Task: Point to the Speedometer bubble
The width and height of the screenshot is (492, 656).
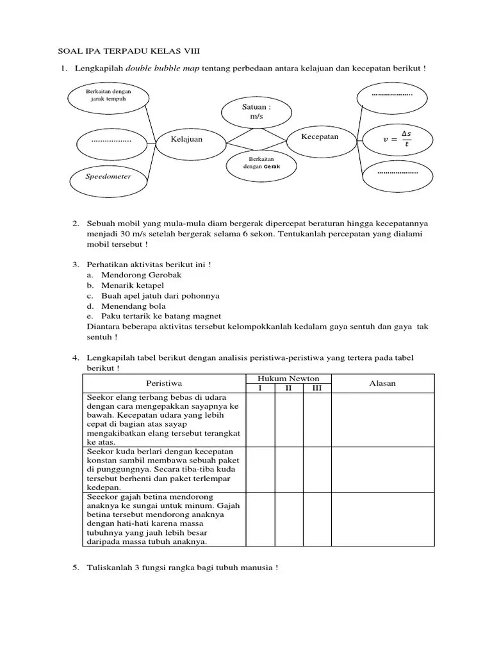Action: coord(108,176)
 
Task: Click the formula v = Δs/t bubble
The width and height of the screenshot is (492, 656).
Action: coord(397,138)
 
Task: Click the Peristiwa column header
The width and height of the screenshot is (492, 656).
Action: coord(164,383)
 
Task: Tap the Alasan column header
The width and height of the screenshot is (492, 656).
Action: coord(382,383)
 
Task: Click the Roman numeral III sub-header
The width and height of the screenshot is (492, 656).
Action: coord(316,388)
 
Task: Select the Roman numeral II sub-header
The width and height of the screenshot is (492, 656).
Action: coord(289,388)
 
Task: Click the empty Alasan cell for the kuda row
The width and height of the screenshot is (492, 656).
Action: coord(382,469)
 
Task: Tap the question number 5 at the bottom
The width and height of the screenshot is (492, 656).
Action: coord(75,568)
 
